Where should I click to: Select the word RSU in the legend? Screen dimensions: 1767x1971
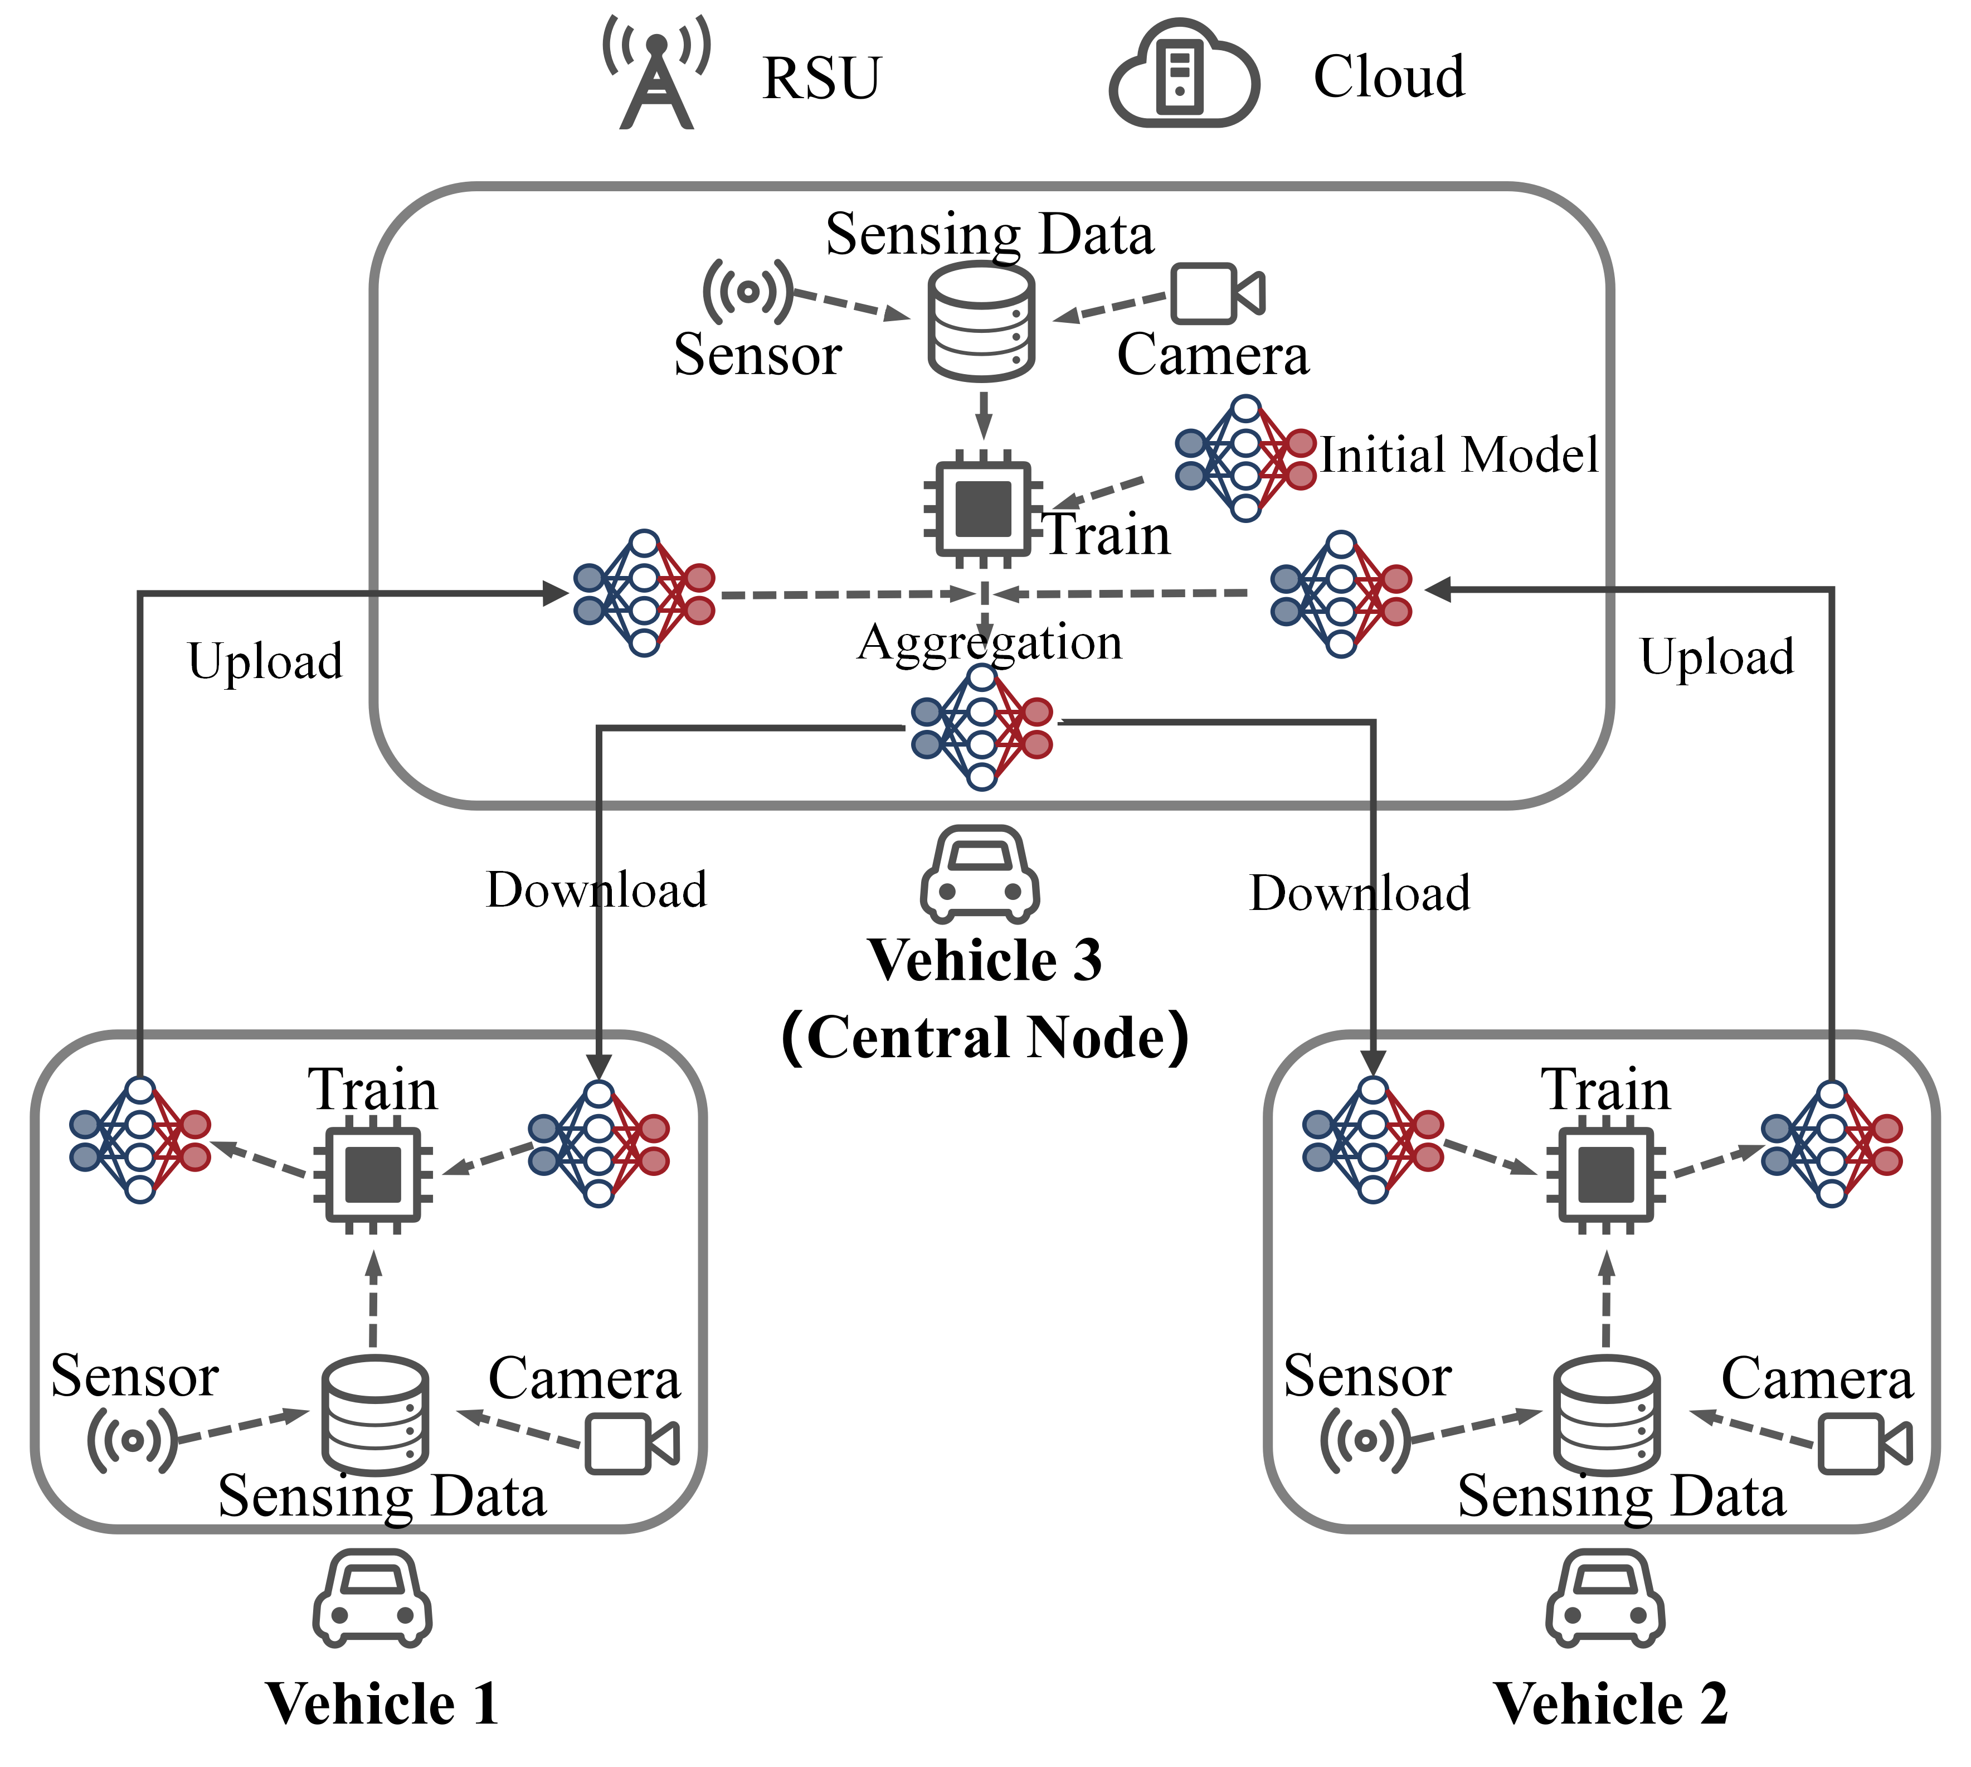822,78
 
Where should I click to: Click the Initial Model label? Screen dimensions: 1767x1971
1458,454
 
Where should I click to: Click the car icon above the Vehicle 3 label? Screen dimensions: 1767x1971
980,874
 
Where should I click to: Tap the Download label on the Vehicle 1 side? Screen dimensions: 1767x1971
596,889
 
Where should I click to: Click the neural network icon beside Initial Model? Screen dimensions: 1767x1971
1245,458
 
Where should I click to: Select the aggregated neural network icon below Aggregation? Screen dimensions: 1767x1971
981,727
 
